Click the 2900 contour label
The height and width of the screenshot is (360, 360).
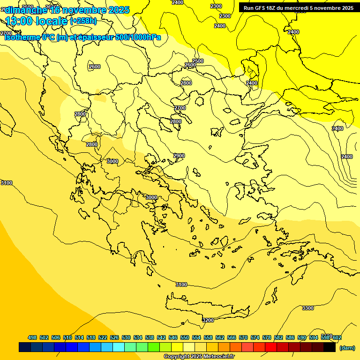pyautogui.click(x=179, y=156)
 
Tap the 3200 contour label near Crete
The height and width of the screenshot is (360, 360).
pyautogui.click(x=208, y=320)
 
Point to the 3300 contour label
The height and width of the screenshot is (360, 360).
pyautogui.click(x=308, y=308)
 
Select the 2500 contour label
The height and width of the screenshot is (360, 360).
pyautogui.click(x=198, y=61)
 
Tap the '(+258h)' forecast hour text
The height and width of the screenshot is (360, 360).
pyautogui.click(x=83, y=21)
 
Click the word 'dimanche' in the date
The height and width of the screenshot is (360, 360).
pyautogui.click(x=26, y=10)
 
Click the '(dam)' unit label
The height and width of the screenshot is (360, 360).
pyautogui.click(x=347, y=348)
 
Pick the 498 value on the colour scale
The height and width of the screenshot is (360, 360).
pyautogui.click(x=32, y=337)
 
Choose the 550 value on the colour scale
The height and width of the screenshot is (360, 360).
pyautogui.click(x=184, y=337)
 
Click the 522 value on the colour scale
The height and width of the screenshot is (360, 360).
pyautogui.click(x=103, y=337)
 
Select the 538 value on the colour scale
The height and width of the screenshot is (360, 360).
pyautogui.click(x=150, y=337)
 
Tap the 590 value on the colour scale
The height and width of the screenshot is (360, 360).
pyautogui.click(x=301, y=337)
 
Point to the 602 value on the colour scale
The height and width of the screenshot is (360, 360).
pyautogui.click(x=337, y=337)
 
